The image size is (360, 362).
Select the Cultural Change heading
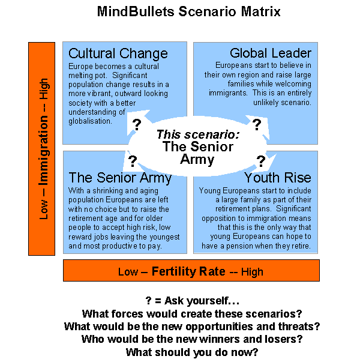(118, 53)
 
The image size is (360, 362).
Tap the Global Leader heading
(271, 53)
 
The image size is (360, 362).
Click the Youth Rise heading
(278, 177)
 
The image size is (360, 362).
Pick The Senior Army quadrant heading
(120, 177)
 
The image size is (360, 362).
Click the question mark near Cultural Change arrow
(137, 125)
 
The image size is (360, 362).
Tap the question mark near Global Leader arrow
(257, 125)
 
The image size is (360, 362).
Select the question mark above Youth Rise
(261, 161)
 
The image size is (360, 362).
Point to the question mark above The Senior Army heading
(133, 161)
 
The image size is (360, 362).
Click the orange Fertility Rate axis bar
(191, 271)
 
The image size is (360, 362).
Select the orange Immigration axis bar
(44, 148)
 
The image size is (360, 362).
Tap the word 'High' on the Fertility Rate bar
(252, 272)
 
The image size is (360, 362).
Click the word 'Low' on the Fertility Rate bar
(128, 272)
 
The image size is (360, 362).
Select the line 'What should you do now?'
(192, 352)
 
